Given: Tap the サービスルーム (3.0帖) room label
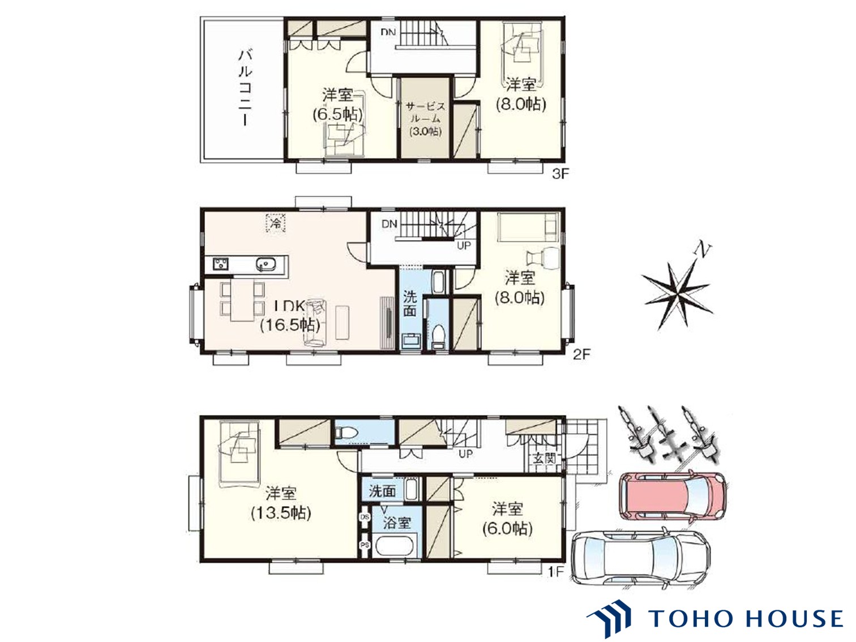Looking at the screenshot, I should click(x=426, y=119).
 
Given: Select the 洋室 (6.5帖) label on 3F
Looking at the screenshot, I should click(x=338, y=104).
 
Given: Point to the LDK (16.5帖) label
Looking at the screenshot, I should click(x=290, y=316).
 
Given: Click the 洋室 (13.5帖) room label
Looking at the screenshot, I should click(x=281, y=503).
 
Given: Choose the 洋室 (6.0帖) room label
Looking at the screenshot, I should click(x=507, y=518).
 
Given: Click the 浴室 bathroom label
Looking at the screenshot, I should click(x=396, y=522).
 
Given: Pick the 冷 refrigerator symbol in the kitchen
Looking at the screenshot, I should click(x=276, y=223).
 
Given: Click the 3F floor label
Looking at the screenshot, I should click(x=560, y=174).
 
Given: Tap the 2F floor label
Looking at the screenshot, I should click(x=581, y=355).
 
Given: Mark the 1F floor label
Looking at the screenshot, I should click(x=556, y=572).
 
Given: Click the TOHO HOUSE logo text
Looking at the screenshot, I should click(x=745, y=618).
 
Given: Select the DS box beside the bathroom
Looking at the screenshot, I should click(x=365, y=517).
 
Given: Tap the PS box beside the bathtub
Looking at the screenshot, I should click(x=365, y=545).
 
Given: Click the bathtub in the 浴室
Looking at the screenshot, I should click(x=396, y=547).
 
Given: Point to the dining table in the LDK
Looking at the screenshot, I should click(x=242, y=300).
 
